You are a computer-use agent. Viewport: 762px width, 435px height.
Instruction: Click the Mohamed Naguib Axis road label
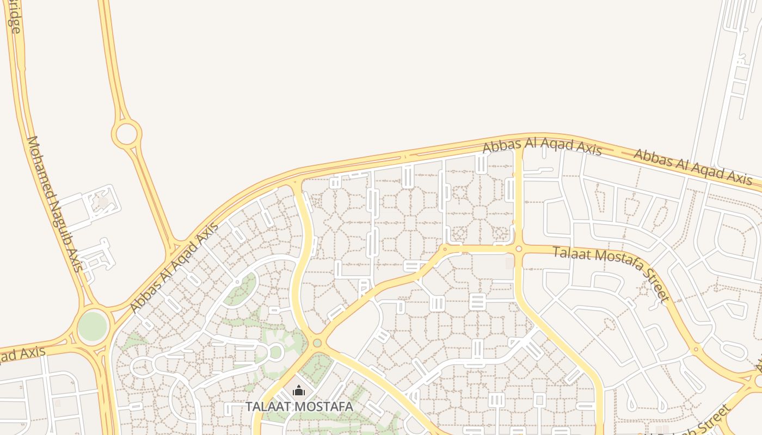pyautogui.click(x=54, y=204)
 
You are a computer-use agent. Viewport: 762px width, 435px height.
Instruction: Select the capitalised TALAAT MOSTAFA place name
pyautogui.click(x=299, y=406)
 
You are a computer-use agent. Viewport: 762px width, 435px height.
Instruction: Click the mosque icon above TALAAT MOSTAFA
pyautogui.click(x=298, y=390)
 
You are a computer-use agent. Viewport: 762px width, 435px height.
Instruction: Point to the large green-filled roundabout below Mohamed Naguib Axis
pyautogui.click(x=93, y=326)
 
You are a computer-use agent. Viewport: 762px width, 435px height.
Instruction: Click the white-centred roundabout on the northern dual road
pyautogui.click(x=126, y=133)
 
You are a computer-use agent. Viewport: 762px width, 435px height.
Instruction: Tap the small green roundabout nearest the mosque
pyautogui.click(x=317, y=343)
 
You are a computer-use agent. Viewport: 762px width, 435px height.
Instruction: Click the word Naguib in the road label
pyautogui.click(x=61, y=217)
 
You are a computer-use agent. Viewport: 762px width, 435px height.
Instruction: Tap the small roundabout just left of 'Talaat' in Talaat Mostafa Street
pyautogui.click(x=519, y=249)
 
